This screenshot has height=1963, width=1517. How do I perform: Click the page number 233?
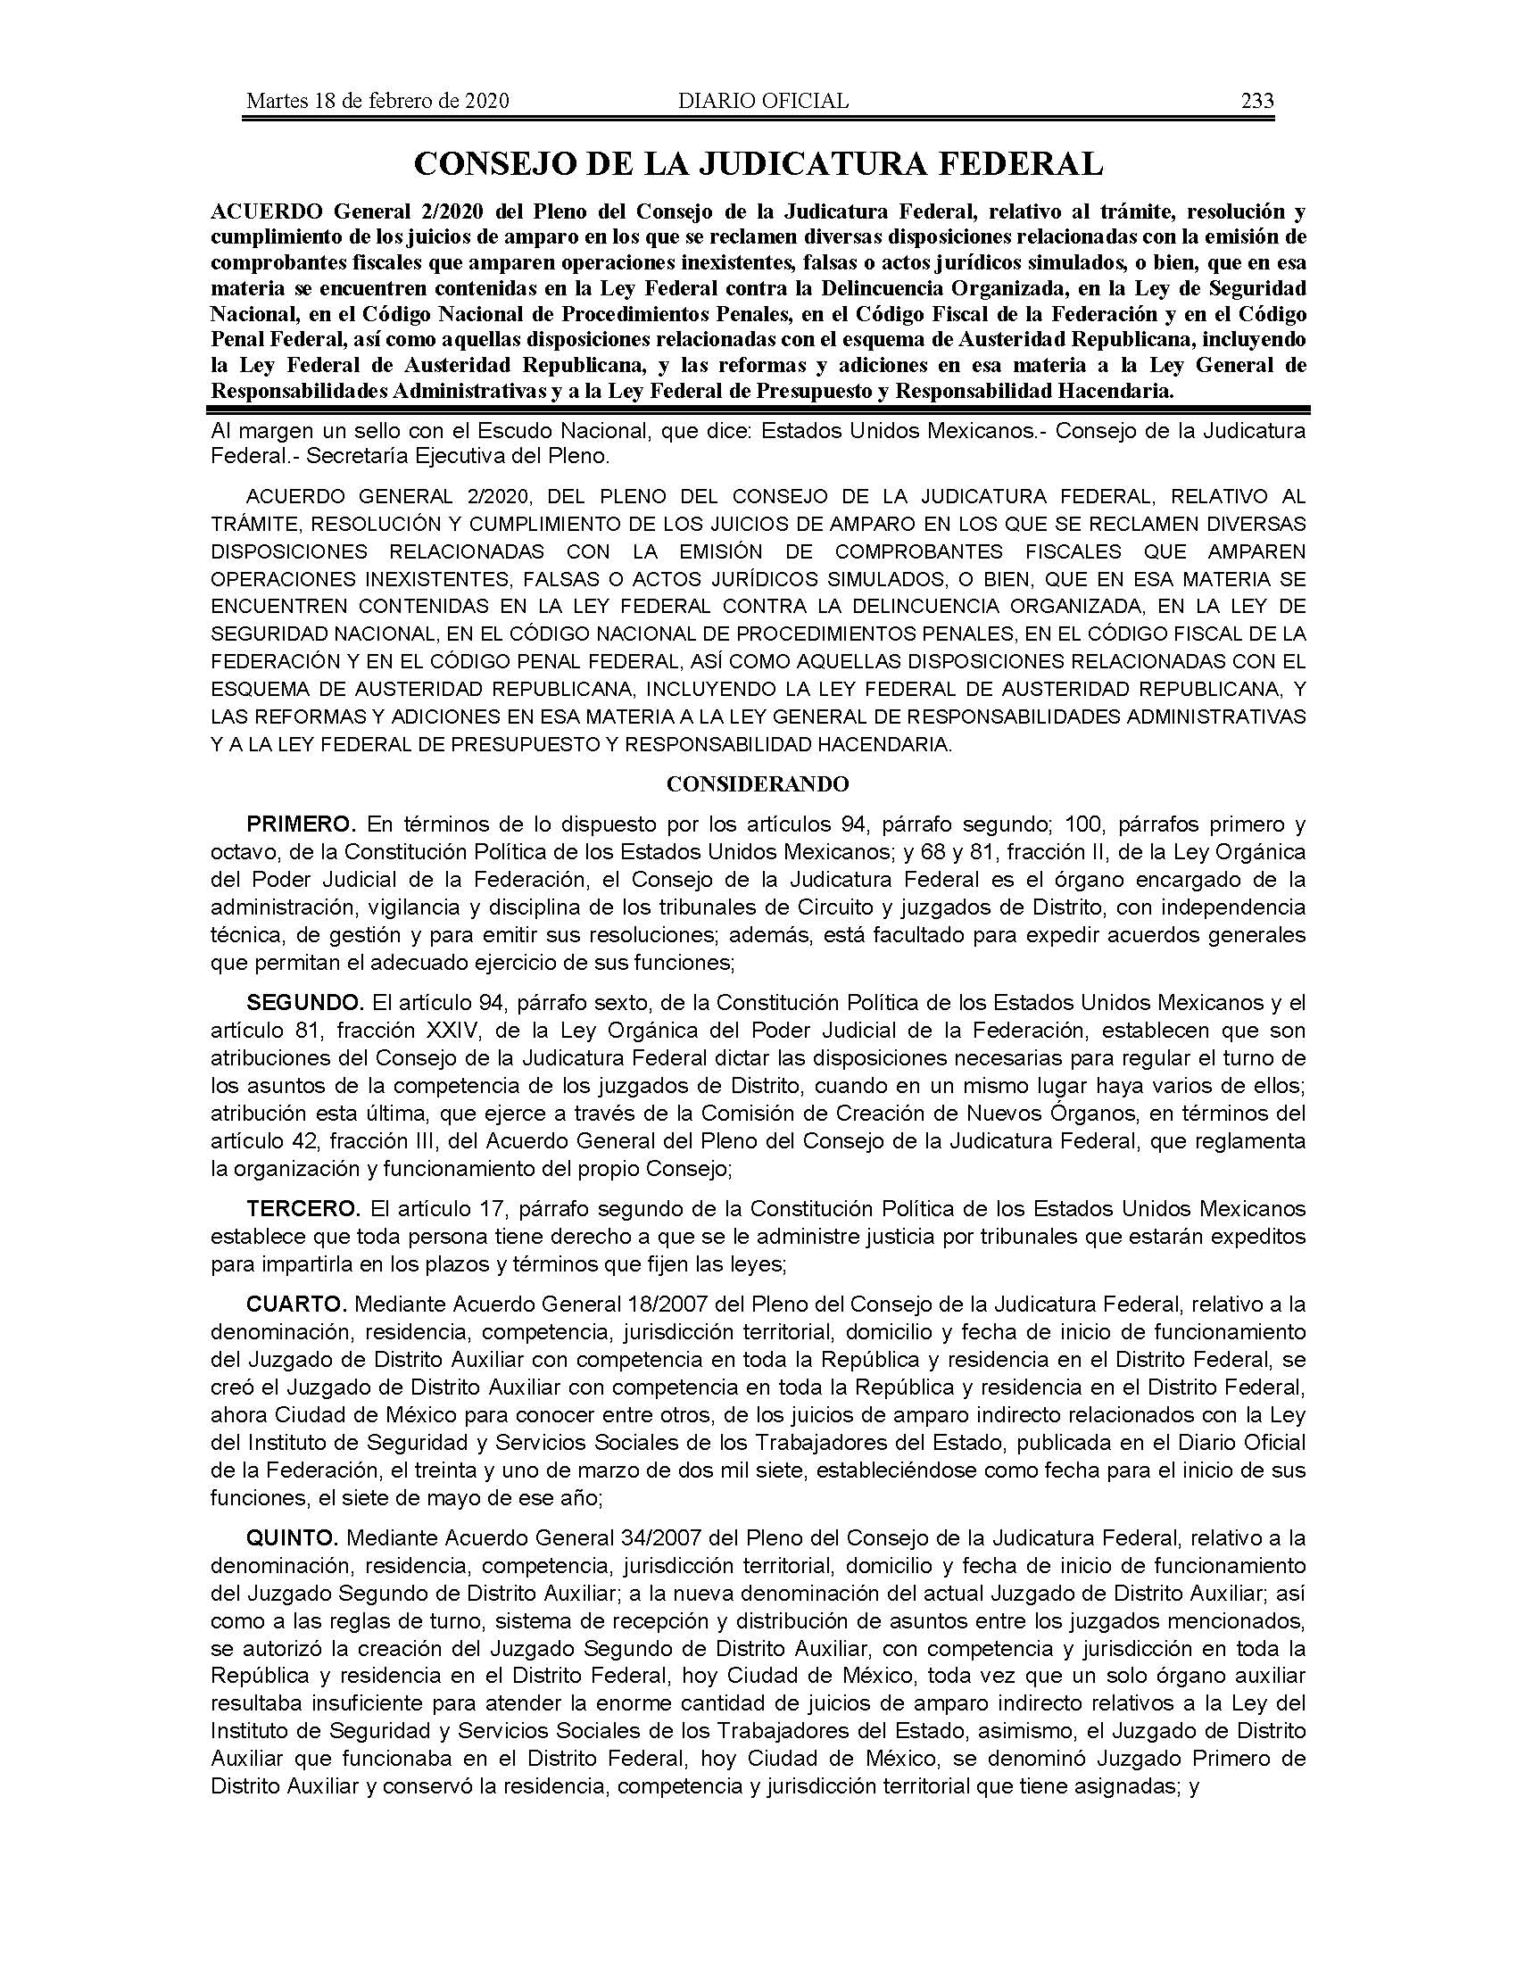point(1256,101)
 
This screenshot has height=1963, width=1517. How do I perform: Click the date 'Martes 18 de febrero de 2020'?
point(377,101)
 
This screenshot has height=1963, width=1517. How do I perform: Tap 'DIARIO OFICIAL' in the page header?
point(763,101)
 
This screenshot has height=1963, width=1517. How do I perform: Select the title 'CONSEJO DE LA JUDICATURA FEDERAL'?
point(758,163)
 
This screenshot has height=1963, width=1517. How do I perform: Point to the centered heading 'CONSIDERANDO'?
point(758,783)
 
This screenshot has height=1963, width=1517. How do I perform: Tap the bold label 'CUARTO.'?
point(296,1305)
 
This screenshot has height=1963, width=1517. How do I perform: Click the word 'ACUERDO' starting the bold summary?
point(267,212)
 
